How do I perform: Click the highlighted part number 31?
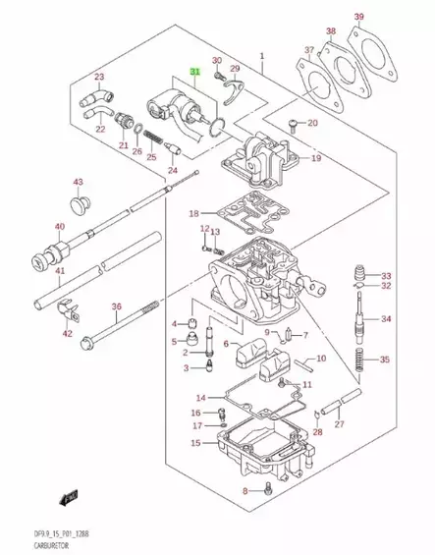coord(194,73)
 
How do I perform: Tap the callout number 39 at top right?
coord(386,17)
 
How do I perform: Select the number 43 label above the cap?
coord(79,182)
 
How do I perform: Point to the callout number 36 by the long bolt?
coord(115,306)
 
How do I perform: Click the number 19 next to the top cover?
coord(316,158)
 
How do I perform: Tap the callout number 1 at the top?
coord(262,56)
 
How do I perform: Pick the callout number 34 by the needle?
coord(386,319)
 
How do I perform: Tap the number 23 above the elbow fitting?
coord(98,77)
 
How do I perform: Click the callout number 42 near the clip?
coord(68,334)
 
